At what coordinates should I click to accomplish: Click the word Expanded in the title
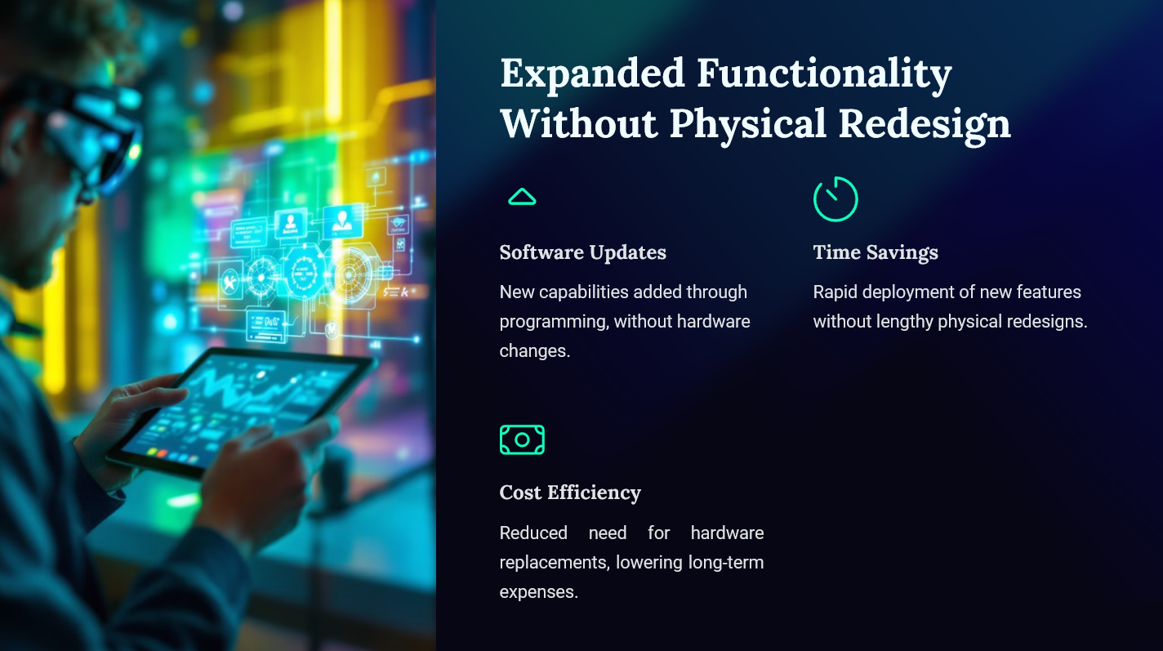tap(592, 75)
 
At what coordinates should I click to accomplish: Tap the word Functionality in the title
tap(824, 75)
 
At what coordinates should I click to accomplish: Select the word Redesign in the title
tap(925, 125)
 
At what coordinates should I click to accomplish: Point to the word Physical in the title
tap(747, 125)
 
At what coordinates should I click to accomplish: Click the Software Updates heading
tap(582, 253)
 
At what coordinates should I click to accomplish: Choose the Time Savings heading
tap(876, 253)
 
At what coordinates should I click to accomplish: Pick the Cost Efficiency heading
tap(570, 493)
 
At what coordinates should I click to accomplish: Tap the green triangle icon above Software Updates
tap(522, 197)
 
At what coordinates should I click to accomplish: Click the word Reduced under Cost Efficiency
tap(533, 533)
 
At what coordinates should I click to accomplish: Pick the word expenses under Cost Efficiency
tap(538, 592)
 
